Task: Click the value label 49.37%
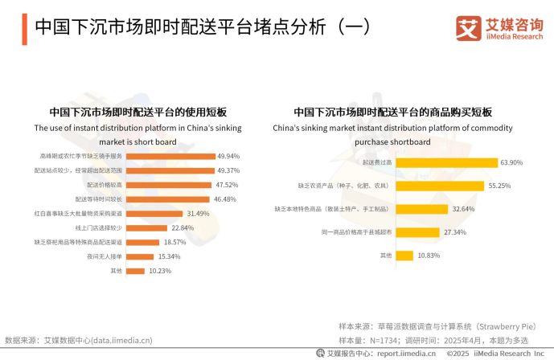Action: click(228, 170)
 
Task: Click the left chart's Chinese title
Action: click(138, 112)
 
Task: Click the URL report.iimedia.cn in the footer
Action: click(406, 353)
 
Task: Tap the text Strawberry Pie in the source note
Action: click(506, 327)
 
